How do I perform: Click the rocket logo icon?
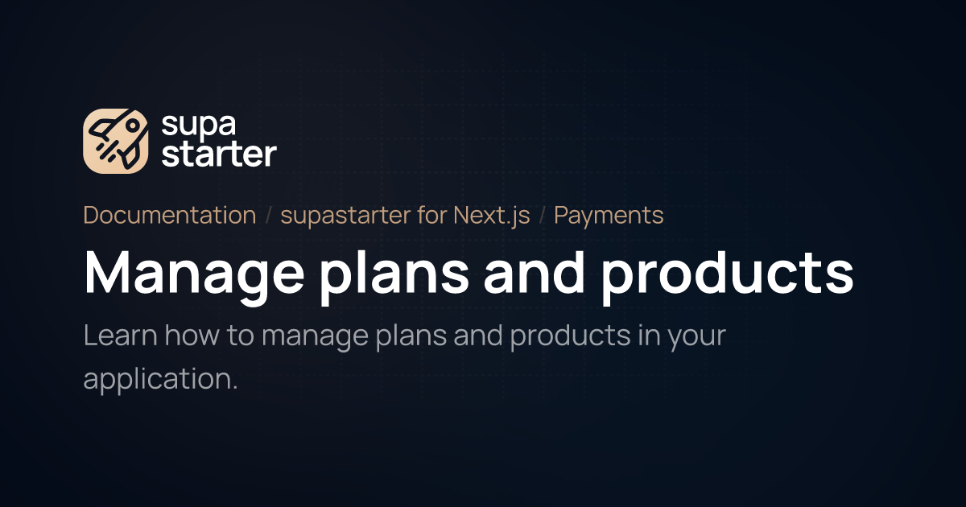click(x=116, y=141)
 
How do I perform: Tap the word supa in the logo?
click(x=190, y=125)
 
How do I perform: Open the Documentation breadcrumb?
click(x=170, y=216)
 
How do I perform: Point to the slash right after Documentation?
click(x=269, y=216)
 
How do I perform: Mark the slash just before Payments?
click(x=543, y=216)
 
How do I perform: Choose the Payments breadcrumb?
click(x=609, y=216)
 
